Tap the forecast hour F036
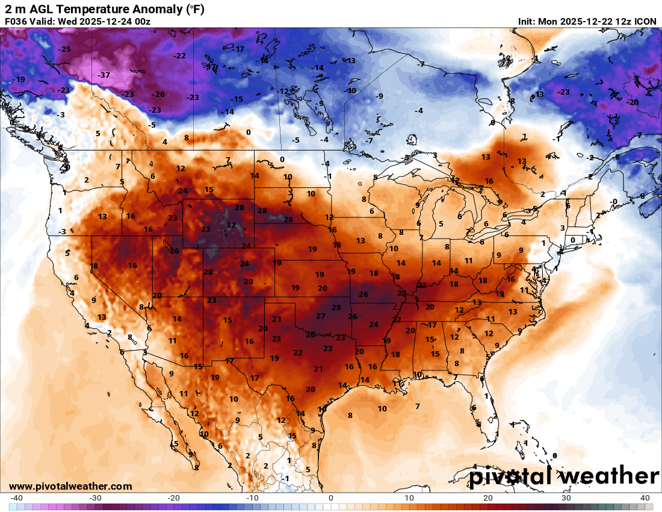click(x=16, y=22)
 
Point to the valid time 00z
click(x=141, y=22)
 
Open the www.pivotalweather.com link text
click(x=70, y=486)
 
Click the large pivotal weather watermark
click(x=564, y=476)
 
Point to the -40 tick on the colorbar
click(x=17, y=498)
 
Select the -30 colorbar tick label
click(x=95, y=498)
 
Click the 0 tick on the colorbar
click(x=331, y=498)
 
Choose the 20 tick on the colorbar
click(x=488, y=498)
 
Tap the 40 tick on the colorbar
click(x=645, y=498)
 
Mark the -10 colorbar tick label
click(x=252, y=498)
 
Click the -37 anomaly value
click(x=104, y=75)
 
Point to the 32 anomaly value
click(x=231, y=225)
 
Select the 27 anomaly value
click(x=321, y=316)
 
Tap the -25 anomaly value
click(x=64, y=49)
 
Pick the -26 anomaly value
click(x=158, y=95)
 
